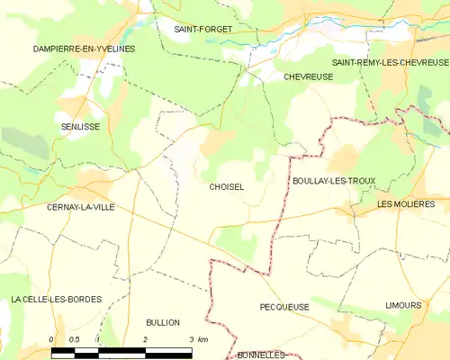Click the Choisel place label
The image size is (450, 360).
point(226,186)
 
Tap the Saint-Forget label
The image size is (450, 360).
point(202,29)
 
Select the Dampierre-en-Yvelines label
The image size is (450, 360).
point(83,48)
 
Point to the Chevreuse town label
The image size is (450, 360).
point(308,77)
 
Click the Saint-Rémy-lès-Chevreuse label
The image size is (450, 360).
point(390,62)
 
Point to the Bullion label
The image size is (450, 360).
point(163,321)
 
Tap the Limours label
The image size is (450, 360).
point(402,305)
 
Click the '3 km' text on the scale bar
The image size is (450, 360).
point(198,338)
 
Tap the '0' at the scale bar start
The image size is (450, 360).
point(51,338)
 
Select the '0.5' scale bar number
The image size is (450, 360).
point(75,338)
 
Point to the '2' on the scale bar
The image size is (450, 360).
point(145,338)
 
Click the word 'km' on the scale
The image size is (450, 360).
point(203,338)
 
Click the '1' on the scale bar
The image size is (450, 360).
point(98,338)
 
